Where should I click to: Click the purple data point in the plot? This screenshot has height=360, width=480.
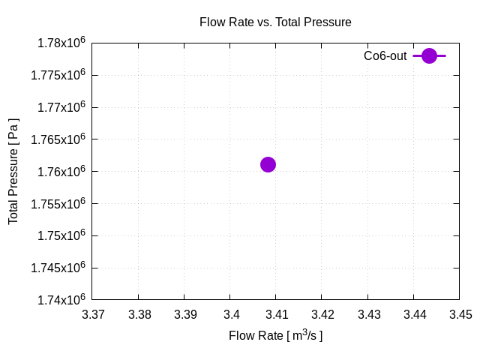click(x=268, y=164)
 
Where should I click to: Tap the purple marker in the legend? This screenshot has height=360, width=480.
click(x=429, y=55)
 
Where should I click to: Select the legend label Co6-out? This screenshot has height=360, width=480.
click(x=385, y=55)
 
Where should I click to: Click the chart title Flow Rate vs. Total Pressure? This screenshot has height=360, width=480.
click(x=275, y=22)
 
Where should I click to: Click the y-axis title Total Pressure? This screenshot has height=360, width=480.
click(x=13, y=171)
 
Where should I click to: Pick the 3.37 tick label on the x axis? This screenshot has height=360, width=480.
click(x=94, y=315)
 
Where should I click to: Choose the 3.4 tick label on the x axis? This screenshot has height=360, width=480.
click(x=231, y=315)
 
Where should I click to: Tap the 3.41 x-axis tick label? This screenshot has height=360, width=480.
click(x=277, y=315)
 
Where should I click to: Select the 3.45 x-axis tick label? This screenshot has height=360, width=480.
click(x=460, y=315)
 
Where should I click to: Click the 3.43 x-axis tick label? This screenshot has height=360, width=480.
click(x=368, y=315)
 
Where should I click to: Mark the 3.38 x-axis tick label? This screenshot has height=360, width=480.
click(x=139, y=315)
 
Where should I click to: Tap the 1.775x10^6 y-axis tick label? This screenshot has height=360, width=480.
click(x=55, y=75)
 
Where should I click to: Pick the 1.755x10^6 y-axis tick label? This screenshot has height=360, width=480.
click(x=55, y=203)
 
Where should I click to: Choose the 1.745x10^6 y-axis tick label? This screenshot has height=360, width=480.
click(x=55, y=268)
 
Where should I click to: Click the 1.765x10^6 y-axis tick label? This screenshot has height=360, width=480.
click(x=55, y=139)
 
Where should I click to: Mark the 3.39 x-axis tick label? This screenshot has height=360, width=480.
click(x=185, y=315)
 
